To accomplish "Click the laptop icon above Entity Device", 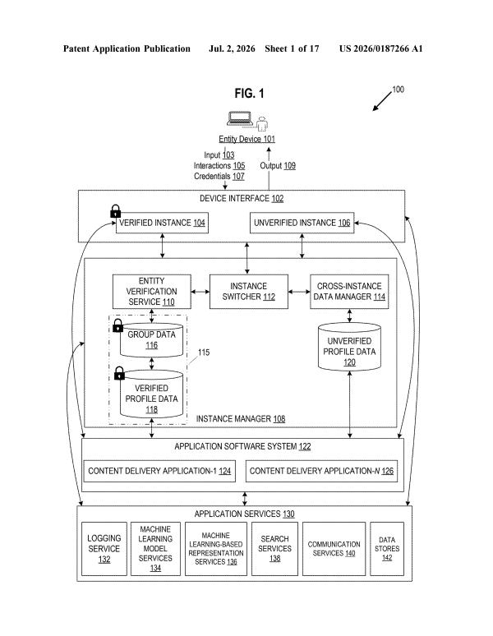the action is [240, 118].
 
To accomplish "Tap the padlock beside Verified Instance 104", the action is [116, 211].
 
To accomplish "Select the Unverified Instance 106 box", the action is [302, 223].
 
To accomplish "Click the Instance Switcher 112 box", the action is [248, 292].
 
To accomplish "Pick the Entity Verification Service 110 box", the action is [152, 292].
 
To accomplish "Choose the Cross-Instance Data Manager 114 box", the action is [349, 292].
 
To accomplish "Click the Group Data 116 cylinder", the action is [152, 340].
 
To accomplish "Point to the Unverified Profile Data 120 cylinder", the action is [349, 347].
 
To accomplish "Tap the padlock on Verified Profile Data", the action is [119, 374].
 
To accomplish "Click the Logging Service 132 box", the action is [104, 549].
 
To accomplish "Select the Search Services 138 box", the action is [274, 549].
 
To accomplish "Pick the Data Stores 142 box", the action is [387, 549].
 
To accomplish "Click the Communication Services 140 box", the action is [334, 549].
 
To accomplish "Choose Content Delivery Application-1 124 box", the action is [159, 471].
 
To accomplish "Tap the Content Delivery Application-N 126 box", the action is [321, 471].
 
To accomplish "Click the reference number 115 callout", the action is [204, 353].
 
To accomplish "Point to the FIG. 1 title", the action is [249, 94].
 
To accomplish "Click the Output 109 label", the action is [278, 165].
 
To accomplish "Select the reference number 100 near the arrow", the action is [398, 90].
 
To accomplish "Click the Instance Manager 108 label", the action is [241, 418].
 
